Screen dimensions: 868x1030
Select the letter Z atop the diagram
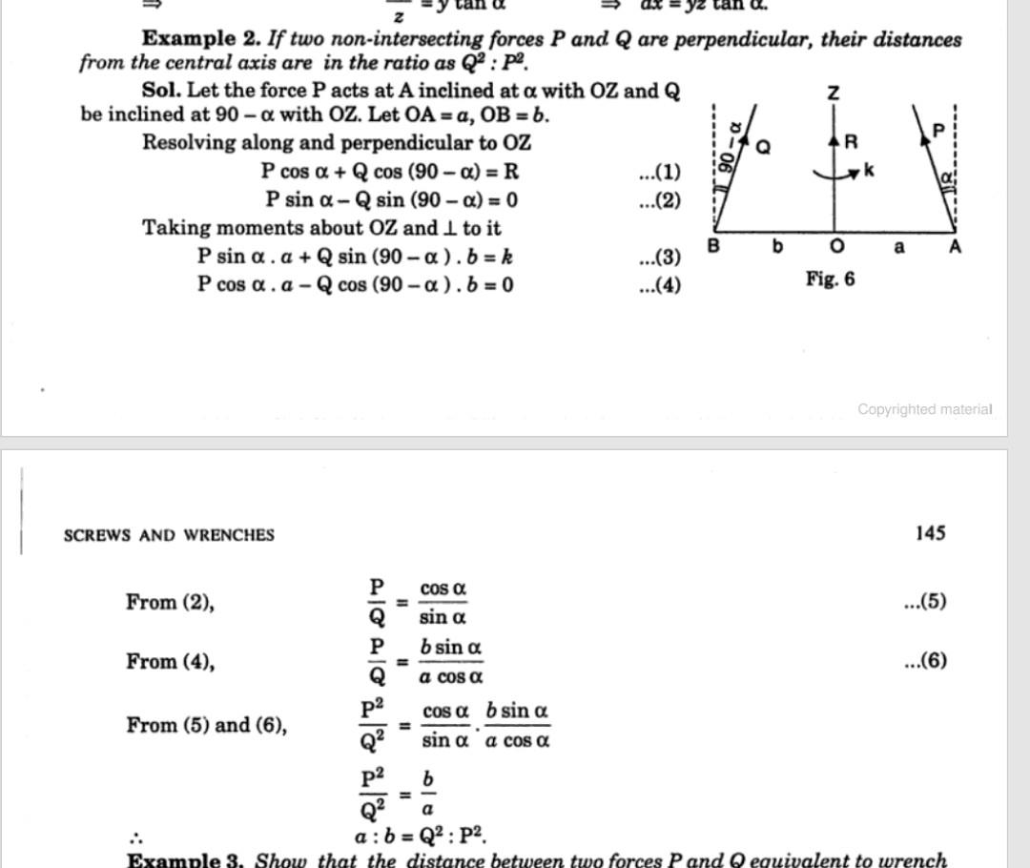(x=834, y=93)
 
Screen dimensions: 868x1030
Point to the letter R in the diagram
(x=852, y=141)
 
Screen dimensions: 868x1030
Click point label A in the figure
(x=956, y=246)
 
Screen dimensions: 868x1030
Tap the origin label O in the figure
(x=836, y=247)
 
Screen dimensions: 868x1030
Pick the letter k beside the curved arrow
(x=868, y=171)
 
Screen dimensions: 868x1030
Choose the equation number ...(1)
(x=659, y=173)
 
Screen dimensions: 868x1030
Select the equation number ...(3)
(x=659, y=257)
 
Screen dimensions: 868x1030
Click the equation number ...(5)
(x=925, y=601)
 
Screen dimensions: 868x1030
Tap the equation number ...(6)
(x=925, y=660)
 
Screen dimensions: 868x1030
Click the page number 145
(x=929, y=532)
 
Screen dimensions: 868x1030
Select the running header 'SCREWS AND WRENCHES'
(x=169, y=535)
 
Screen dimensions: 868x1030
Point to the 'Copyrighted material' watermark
(x=924, y=409)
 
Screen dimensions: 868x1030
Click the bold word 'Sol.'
(x=161, y=91)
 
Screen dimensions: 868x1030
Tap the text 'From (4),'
(x=170, y=661)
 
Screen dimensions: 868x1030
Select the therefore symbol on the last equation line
(x=135, y=838)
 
